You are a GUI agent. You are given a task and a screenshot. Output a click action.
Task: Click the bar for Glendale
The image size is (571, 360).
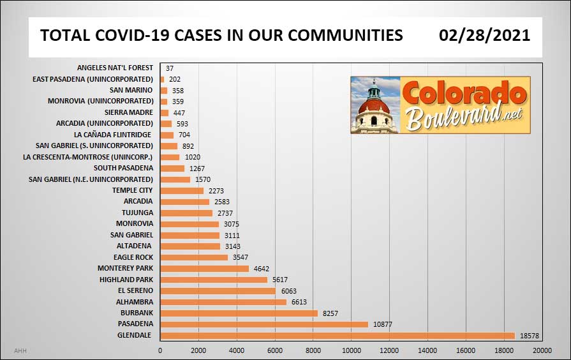pos(337,335)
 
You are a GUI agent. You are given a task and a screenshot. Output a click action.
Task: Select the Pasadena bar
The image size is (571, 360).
pos(264,324)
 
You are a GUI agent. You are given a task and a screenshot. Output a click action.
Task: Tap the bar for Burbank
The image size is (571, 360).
pos(239,313)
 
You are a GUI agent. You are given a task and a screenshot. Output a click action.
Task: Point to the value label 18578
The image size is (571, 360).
pos(530,335)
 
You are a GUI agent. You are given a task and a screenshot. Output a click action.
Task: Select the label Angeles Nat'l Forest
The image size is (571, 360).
pos(115,68)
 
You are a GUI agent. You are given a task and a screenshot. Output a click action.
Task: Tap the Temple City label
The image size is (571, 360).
pos(133,190)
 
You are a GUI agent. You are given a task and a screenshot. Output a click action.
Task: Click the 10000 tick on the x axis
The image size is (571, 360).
pos(351,350)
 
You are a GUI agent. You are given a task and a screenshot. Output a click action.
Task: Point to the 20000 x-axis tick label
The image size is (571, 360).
pos(542,350)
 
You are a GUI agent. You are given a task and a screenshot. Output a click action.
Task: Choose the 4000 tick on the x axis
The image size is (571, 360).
pos(237,350)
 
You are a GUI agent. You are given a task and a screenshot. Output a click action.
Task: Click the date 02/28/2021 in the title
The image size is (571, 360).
pos(484,35)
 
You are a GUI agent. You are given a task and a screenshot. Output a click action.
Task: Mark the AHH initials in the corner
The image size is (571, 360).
pos(20,350)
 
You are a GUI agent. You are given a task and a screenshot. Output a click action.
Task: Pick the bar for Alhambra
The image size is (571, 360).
pos(223,302)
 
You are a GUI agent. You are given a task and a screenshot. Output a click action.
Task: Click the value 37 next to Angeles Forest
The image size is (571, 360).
pos(170,68)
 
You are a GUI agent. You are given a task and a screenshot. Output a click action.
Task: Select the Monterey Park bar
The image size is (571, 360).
pos(204,269)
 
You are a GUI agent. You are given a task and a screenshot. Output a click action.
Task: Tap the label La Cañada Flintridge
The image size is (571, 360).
pos(113,135)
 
